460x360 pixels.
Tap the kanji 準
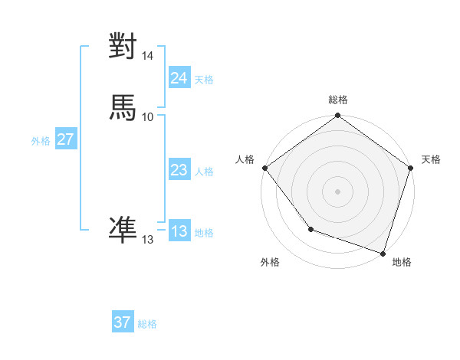[123, 228]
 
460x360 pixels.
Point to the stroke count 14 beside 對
[148, 56]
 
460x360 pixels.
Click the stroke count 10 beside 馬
[148, 116]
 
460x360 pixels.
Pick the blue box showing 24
[179, 78]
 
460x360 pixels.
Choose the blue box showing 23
[179, 170]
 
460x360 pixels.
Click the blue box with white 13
[179, 231]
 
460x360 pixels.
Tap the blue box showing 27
[65, 139]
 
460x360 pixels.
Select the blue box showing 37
[122, 322]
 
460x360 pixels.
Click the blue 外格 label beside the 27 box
[41, 141]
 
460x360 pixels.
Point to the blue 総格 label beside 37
[147, 324]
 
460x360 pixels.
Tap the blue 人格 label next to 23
[204, 172]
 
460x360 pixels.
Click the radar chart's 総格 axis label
[338, 100]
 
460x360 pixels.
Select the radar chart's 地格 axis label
[402, 262]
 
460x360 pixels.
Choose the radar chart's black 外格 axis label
[270, 262]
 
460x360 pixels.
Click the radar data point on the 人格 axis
[264, 168]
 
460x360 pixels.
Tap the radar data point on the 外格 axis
[310, 229]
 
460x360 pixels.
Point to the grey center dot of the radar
[338, 191]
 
